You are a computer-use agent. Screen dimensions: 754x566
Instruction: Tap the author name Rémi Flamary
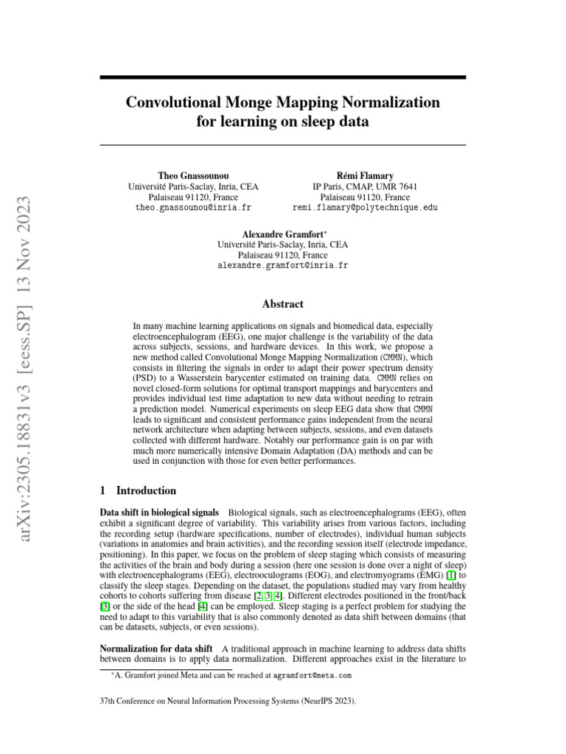click(365, 175)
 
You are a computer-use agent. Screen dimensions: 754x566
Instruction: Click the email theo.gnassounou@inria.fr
click(194, 208)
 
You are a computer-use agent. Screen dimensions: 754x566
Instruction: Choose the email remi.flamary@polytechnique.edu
click(365, 208)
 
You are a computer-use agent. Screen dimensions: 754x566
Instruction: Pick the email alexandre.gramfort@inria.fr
click(282, 265)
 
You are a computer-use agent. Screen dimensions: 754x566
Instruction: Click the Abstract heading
click(282, 303)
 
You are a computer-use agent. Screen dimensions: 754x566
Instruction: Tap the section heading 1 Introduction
click(138, 490)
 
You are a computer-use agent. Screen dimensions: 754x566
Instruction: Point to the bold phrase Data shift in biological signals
click(158, 512)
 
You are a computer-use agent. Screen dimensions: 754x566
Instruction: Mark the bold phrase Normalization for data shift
click(151, 648)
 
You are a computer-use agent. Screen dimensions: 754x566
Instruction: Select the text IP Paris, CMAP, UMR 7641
click(365, 187)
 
